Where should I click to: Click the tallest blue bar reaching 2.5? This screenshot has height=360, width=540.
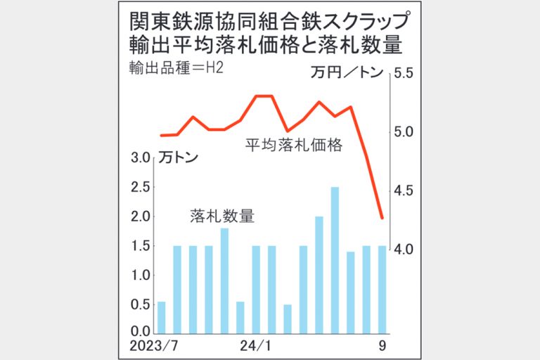[335, 259]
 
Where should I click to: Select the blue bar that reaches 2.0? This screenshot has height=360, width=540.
[319, 274]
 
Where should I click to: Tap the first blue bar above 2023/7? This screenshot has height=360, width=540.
[162, 316]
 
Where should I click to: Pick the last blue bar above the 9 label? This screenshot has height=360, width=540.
[382, 289]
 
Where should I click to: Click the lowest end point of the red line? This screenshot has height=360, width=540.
[382, 218]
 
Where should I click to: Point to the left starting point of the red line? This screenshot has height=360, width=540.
[161, 135]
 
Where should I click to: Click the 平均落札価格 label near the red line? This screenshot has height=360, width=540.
[293, 146]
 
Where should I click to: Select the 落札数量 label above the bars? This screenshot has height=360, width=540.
[221, 216]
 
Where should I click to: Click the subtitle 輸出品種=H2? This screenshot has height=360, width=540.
[172, 70]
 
